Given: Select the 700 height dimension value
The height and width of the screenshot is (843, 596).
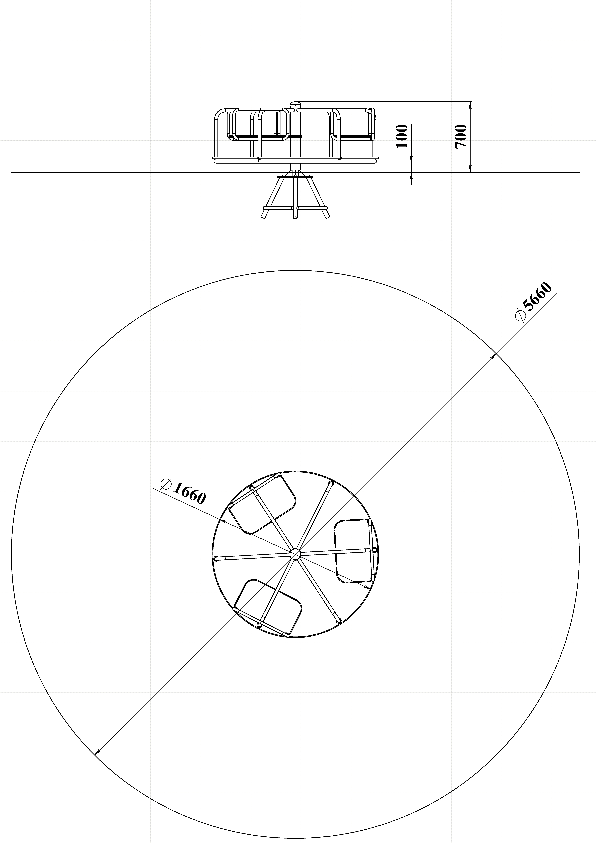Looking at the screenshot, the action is coord(461,137).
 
